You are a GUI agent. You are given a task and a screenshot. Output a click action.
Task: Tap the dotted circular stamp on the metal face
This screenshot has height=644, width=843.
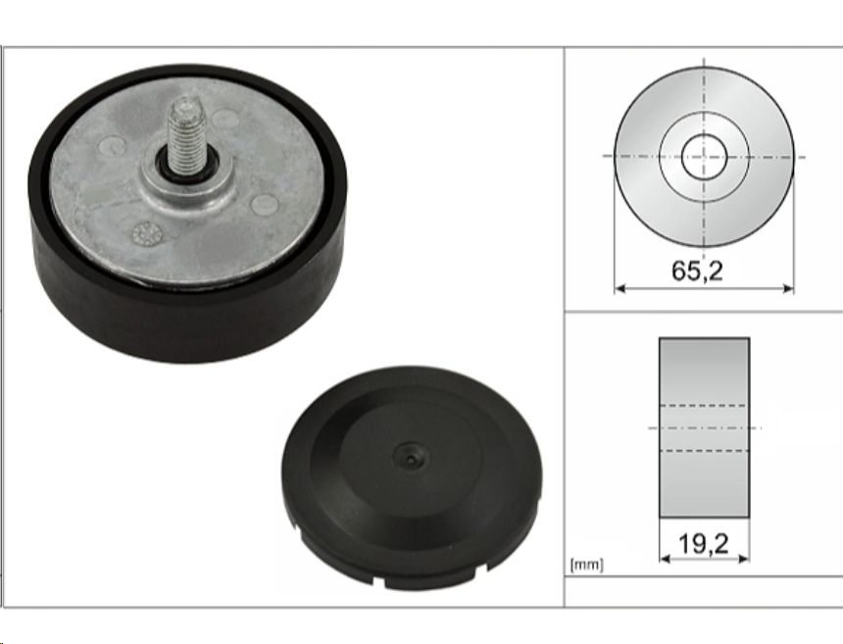point(147,233)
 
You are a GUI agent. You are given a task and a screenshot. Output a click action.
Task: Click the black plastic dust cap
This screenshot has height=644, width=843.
point(412,478)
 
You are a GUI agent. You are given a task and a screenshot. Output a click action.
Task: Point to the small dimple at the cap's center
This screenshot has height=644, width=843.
point(412,458)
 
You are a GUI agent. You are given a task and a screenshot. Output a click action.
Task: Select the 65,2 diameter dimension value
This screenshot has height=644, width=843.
point(697,271)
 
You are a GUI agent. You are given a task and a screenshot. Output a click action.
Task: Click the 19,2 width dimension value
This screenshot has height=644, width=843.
point(704,543)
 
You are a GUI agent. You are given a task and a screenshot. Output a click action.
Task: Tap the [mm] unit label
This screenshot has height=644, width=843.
point(586,565)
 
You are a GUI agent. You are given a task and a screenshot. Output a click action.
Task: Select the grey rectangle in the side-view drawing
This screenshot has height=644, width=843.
point(704,428)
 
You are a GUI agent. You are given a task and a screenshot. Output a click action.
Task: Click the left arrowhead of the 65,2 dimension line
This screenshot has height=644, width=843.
point(620,288)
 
